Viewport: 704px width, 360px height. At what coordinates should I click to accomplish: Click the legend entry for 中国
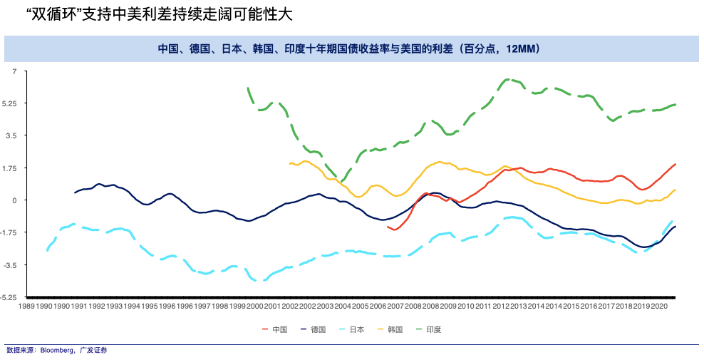pyautogui.click(x=279, y=329)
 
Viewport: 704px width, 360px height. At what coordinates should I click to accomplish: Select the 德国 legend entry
pyautogui.click(x=318, y=329)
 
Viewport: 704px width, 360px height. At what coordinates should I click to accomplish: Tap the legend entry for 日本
pyautogui.click(x=356, y=329)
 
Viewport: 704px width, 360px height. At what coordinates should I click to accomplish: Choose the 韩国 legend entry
pyautogui.click(x=395, y=329)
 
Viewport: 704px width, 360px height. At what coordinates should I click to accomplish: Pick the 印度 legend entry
pyautogui.click(x=433, y=329)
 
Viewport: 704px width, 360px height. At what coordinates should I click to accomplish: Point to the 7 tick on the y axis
pyautogui.click(x=14, y=71)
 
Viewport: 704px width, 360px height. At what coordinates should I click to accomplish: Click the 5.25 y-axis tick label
pyautogui.click(x=10, y=103)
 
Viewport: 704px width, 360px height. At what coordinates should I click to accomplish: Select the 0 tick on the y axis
pyautogui.click(x=14, y=200)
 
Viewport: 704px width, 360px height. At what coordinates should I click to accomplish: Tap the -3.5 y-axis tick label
pyautogui.click(x=10, y=264)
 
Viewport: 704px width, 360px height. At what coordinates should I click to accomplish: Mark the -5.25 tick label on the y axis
pyautogui.click(x=9, y=297)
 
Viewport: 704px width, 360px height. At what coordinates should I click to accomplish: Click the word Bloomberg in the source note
pyautogui.click(x=58, y=350)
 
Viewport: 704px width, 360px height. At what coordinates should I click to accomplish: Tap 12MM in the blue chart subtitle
pyautogui.click(x=525, y=49)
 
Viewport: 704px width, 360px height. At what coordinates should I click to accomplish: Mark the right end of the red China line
pyautogui.click(x=675, y=165)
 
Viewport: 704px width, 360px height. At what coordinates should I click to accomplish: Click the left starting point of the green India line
pyautogui.click(x=247, y=88)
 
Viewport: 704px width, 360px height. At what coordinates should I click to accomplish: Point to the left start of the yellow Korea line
pyautogui.click(x=289, y=164)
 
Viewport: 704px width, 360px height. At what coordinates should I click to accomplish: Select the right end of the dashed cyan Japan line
pyautogui.click(x=672, y=221)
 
